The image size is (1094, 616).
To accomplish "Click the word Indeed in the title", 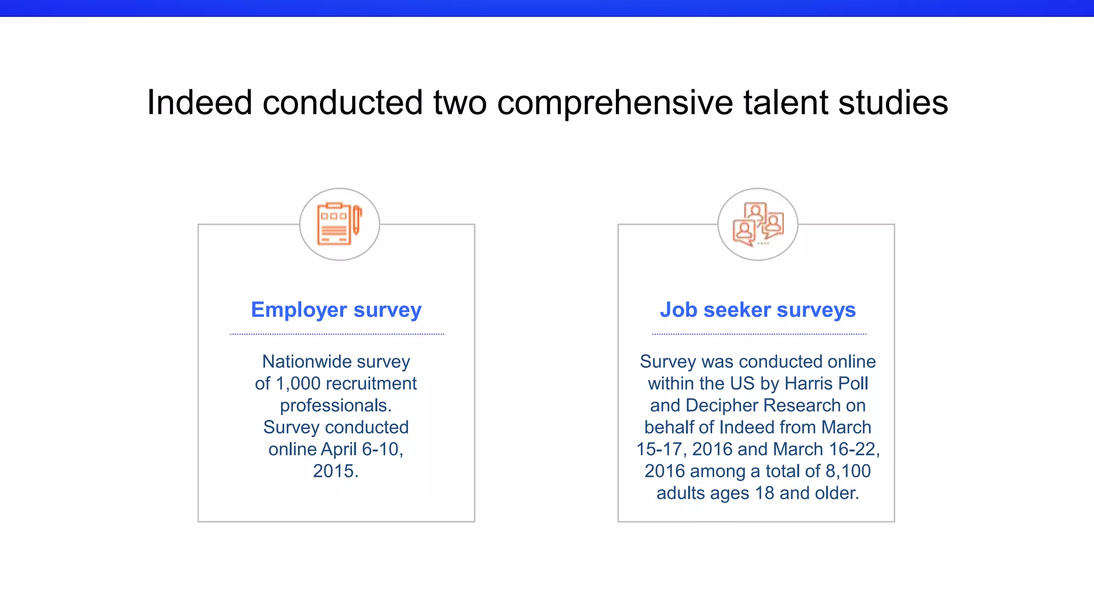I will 199,102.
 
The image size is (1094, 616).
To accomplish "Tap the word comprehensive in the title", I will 615,102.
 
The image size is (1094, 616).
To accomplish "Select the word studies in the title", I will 893,102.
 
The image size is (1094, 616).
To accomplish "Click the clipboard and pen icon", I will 339,224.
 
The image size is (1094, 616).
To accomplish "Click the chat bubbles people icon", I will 757,224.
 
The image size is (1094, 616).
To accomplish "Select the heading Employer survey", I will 336,310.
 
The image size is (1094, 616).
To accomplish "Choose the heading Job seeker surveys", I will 757,310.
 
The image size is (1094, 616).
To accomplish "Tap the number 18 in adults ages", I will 764,493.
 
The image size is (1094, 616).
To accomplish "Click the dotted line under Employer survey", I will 337,334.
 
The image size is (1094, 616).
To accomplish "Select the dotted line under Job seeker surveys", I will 759,334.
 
